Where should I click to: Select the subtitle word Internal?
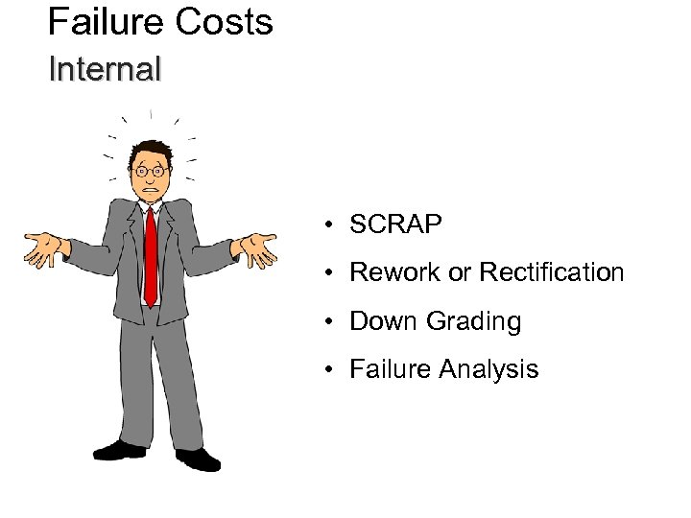click(105, 70)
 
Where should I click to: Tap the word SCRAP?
click(395, 224)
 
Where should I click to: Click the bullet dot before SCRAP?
click(328, 225)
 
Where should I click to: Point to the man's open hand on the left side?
click(44, 247)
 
